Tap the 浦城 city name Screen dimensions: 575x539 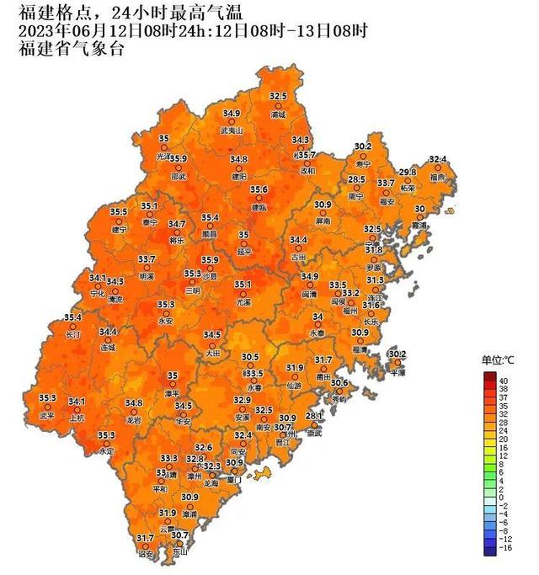tap(279, 114)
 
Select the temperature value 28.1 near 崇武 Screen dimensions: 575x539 tap(314, 417)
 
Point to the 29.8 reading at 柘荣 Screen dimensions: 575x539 tap(408, 172)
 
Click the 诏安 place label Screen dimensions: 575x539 tap(145, 555)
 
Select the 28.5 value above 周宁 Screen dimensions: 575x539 tap(357, 179)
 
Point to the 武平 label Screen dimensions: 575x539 tap(46, 415)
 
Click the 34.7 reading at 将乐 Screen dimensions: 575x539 tap(177, 224)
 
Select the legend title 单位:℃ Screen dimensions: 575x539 tap(498, 360)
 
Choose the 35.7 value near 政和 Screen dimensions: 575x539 tap(307, 155)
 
